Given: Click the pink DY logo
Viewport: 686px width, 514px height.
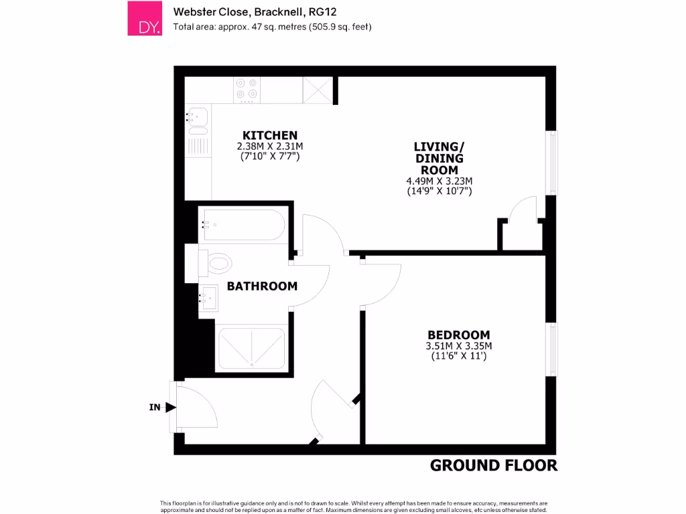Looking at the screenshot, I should [x=145, y=18].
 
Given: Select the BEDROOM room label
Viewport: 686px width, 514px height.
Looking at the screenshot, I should [x=459, y=335].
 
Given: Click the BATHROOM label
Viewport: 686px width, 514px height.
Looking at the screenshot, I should [x=262, y=286].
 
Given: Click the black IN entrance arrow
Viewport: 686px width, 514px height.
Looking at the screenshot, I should [x=170, y=407].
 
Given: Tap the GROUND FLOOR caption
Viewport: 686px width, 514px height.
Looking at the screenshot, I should [x=493, y=465].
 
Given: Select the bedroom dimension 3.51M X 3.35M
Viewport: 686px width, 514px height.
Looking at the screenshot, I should [x=459, y=346].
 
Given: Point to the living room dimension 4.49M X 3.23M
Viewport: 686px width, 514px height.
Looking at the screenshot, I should [x=439, y=181].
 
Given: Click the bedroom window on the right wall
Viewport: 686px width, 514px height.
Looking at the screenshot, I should [x=553, y=349].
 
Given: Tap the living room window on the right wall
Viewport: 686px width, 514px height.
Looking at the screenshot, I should [x=553, y=163].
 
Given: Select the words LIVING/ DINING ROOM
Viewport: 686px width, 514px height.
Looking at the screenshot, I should [x=439, y=158].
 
